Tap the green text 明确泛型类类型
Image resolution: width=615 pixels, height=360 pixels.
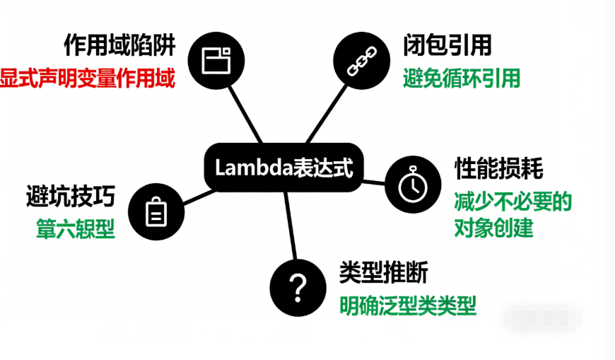pos(408,305)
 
